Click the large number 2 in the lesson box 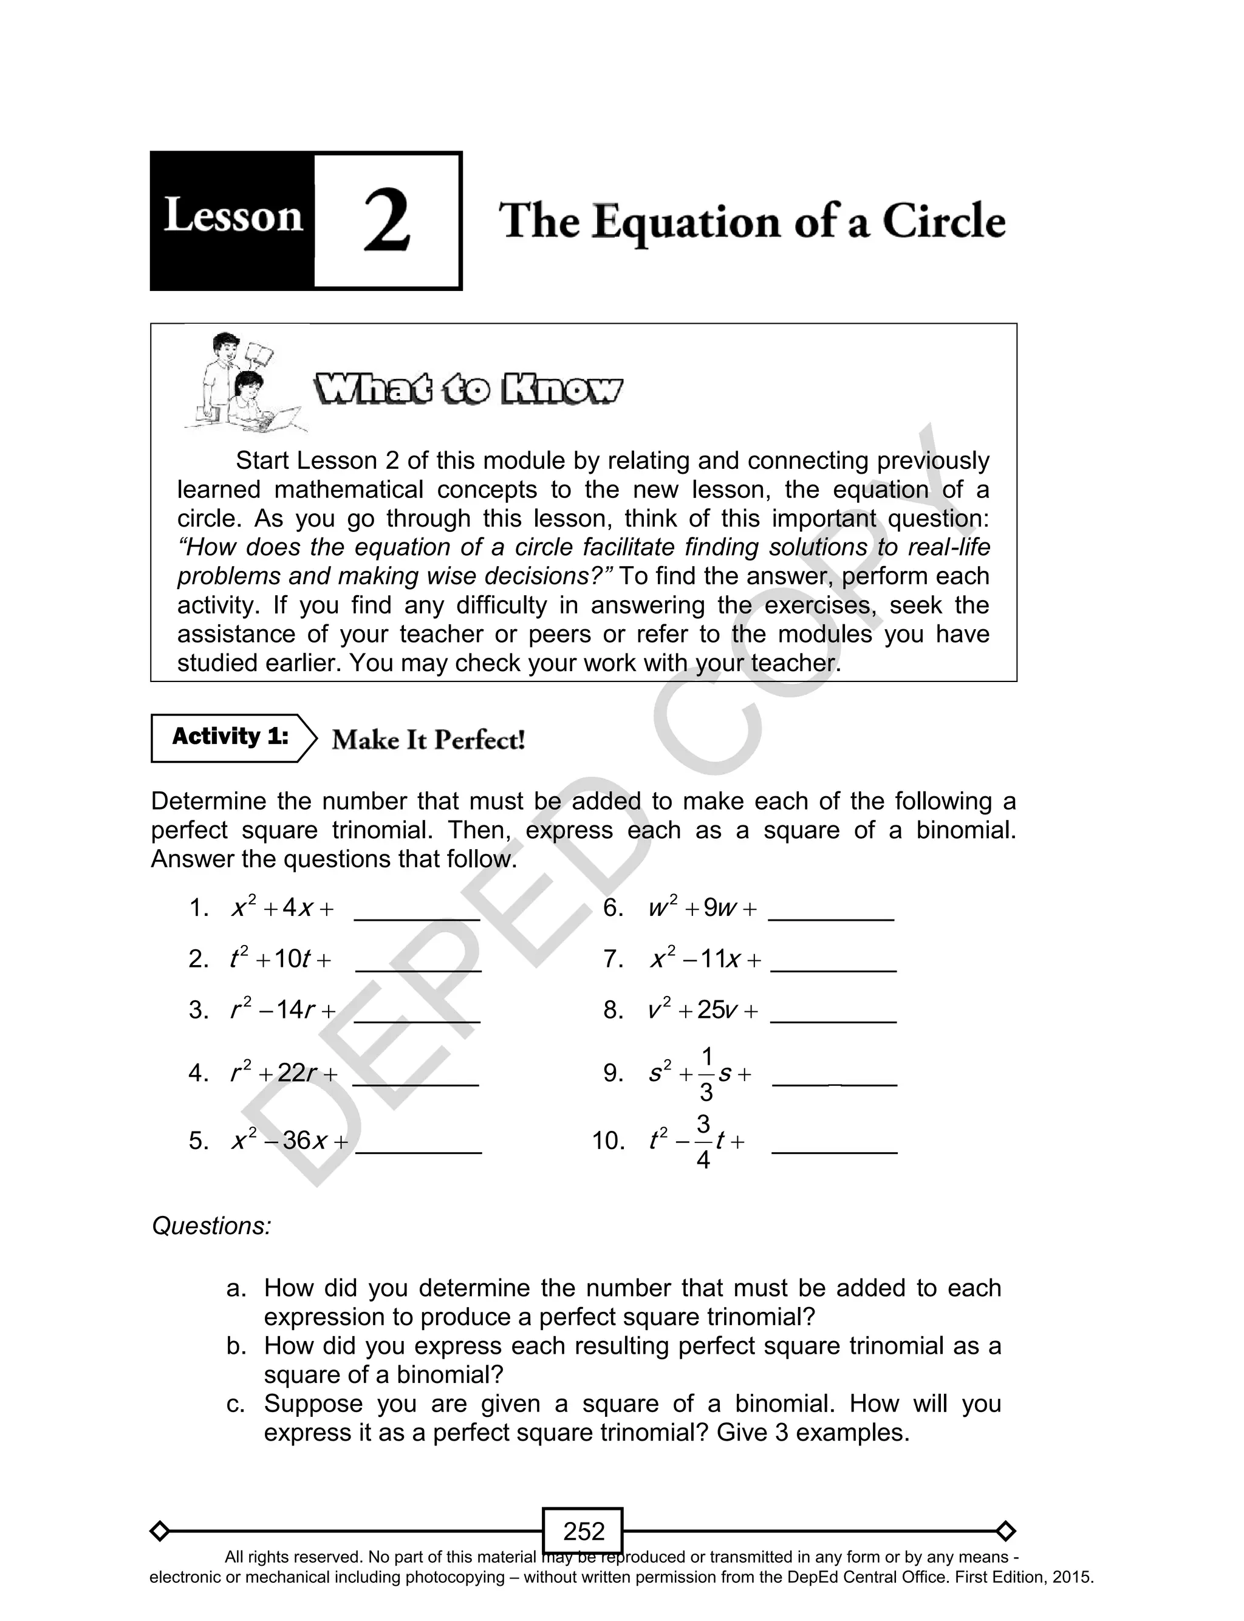tap(386, 220)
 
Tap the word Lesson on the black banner tap(233, 217)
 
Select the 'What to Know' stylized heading tap(468, 390)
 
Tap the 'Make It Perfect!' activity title tap(428, 740)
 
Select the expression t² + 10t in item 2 tap(280, 959)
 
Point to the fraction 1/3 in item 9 tap(706, 1073)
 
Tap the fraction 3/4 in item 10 tap(703, 1141)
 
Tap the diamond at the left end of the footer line tap(159, 1531)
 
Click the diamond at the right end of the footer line tap(1005, 1531)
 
